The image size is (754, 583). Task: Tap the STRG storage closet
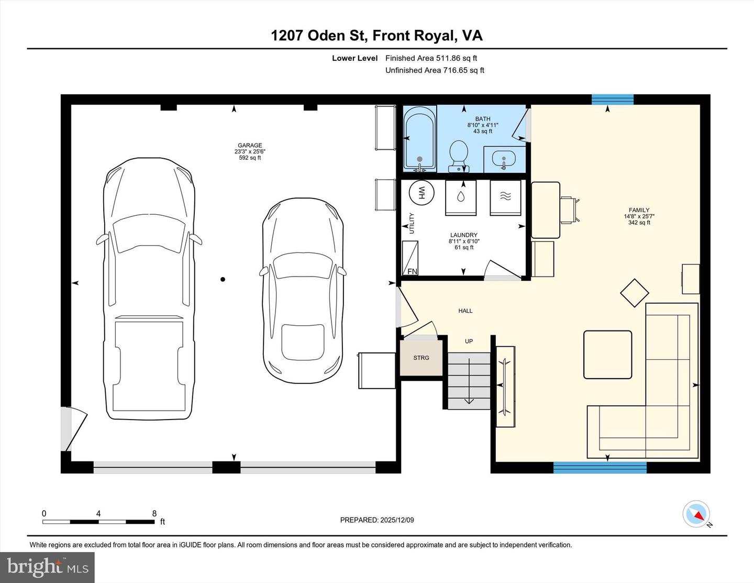[x=422, y=358]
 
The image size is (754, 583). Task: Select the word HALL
[x=465, y=311]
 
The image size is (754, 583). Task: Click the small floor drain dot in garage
[x=223, y=279]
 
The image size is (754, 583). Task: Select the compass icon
[x=696, y=514]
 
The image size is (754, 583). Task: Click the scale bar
[x=98, y=522]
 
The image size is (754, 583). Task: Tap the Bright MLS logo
[x=47, y=567]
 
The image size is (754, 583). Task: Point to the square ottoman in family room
[x=607, y=355]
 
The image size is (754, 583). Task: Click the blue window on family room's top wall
[x=612, y=100]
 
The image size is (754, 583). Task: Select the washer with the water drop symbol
[x=461, y=197]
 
